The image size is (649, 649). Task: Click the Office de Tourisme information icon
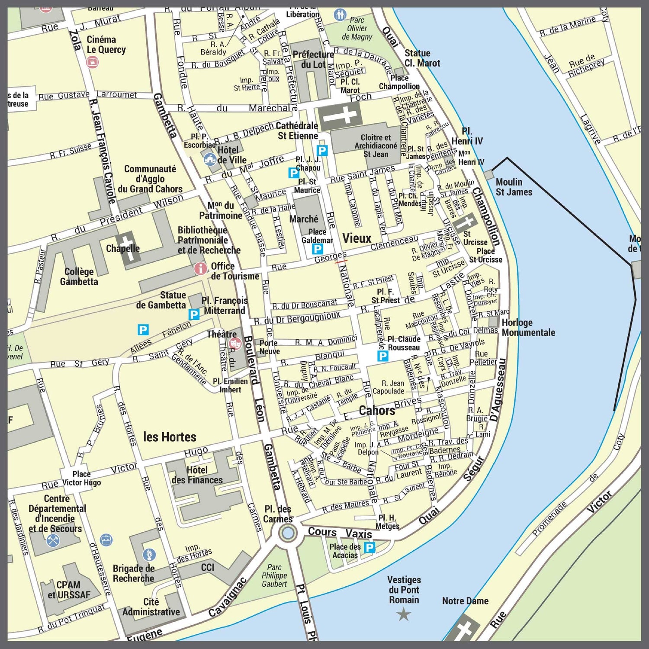[200, 268]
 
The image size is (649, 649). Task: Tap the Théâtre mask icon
[235, 344]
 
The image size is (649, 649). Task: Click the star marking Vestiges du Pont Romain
[404, 614]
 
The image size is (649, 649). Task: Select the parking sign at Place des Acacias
[369, 548]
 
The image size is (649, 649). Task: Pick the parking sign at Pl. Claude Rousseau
[382, 356]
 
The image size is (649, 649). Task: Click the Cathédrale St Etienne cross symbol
[340, 116]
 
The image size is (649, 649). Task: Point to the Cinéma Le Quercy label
[106, 45]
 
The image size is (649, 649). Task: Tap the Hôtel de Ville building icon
[210, 159]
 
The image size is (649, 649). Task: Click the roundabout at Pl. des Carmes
[287, 533]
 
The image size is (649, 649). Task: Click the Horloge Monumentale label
[528, 328]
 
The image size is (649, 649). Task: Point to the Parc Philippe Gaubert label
[274, 575]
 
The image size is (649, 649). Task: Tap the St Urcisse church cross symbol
[466, 222]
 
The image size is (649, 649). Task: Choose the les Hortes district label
[170, 437]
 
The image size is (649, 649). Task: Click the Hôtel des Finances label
[197, 475]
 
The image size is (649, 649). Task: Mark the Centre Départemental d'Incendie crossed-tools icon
[53, 540]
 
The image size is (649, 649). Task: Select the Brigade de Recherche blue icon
[149, 554]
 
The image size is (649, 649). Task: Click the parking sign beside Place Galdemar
[318, 249]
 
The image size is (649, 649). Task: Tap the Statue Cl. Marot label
[422, 58]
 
